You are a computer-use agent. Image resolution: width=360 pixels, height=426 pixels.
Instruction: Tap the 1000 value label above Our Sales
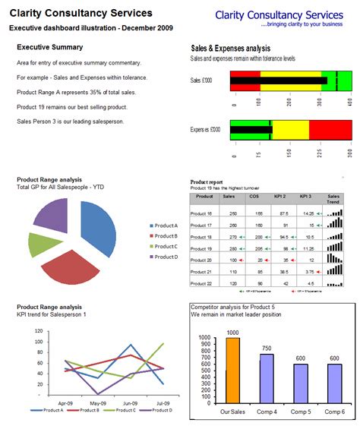pyautogui.click(x=232, y=333)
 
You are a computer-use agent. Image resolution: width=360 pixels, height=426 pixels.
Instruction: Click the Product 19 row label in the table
pyautogui.click(x=202, y=248)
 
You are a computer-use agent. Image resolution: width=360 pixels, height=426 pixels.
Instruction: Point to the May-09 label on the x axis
pyautogui.click(x=97, y=402)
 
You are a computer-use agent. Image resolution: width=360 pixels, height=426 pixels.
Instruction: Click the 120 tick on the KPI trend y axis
pyautogui.click(x=38, y=329)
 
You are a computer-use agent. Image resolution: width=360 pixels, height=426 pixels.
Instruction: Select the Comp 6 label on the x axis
pyautogui.click(x=334, y=411)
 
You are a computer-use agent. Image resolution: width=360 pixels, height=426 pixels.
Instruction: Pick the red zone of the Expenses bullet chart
pyautogui.click(x=330, y=130)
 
